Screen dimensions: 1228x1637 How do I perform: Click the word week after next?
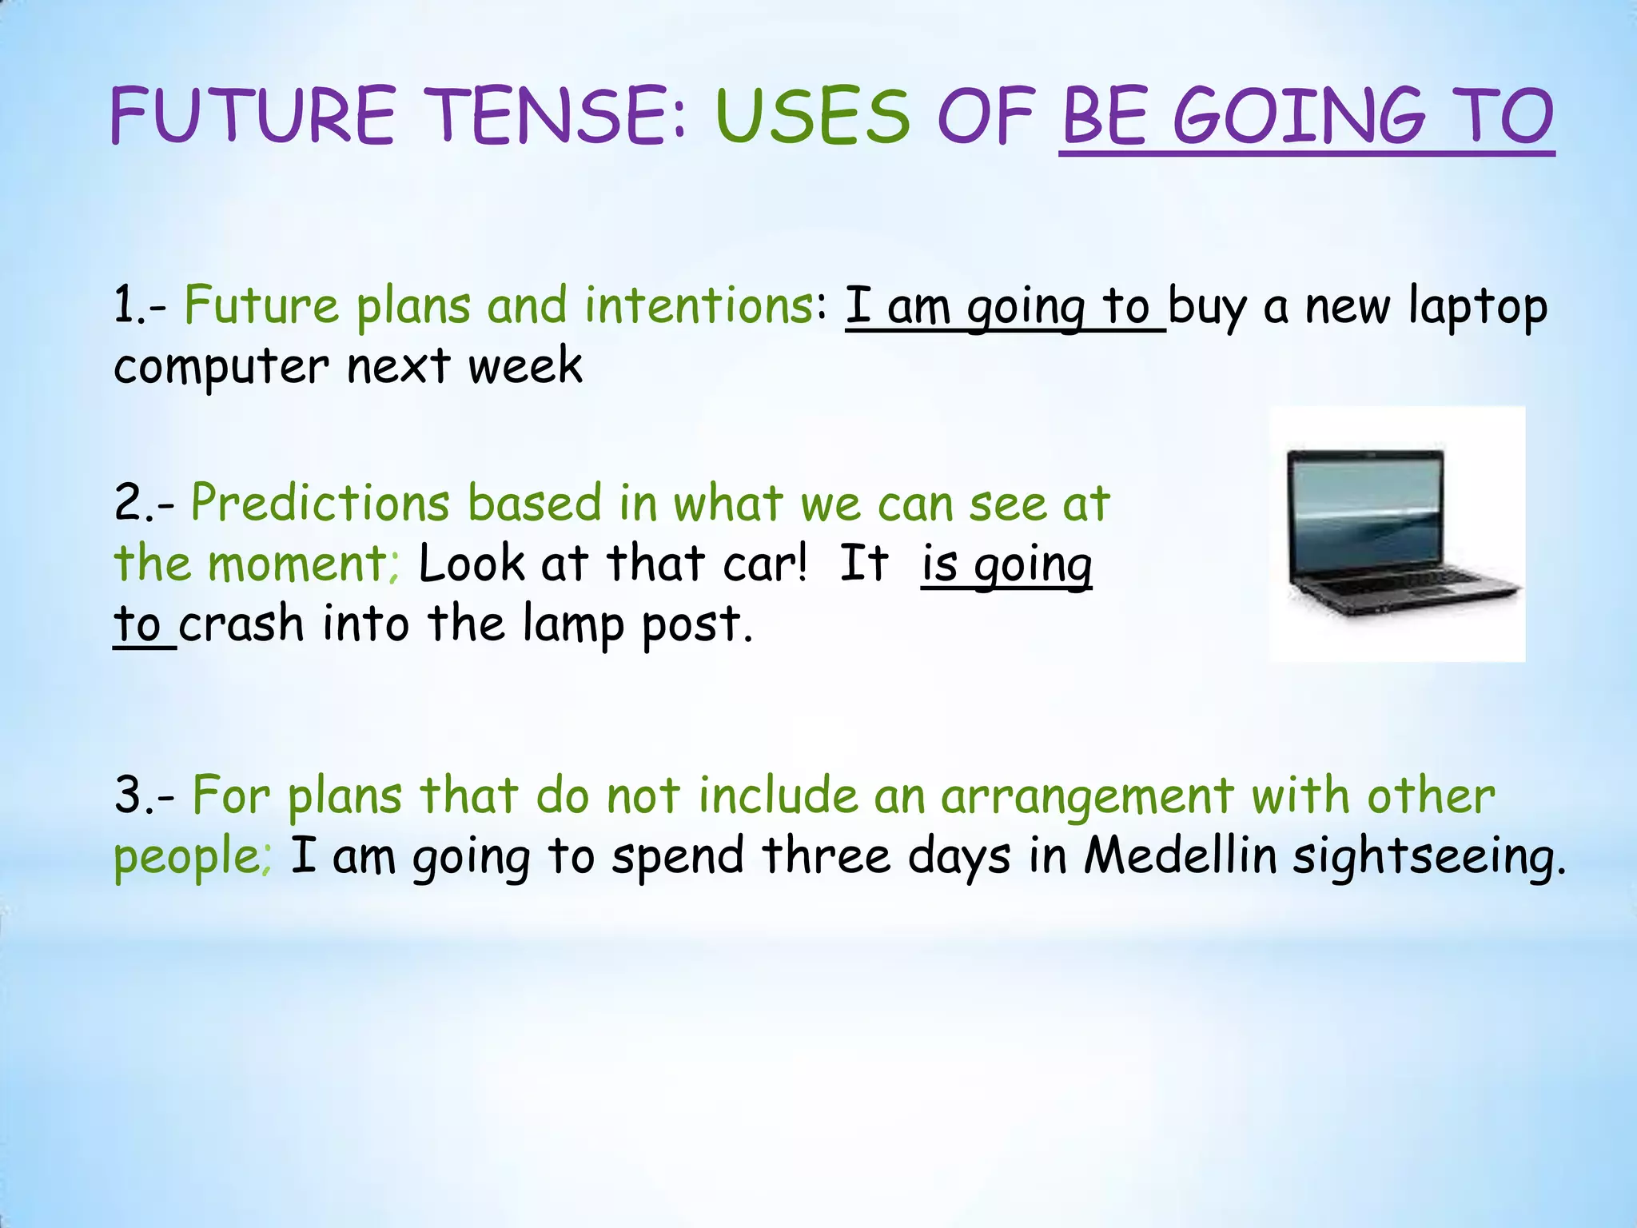(x=525, y=366)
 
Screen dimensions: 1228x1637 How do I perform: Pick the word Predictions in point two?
(x=320, y=504)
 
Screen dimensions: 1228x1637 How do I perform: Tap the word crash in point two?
(x=241, y=624)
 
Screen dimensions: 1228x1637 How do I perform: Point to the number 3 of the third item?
(x=127, y=796)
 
